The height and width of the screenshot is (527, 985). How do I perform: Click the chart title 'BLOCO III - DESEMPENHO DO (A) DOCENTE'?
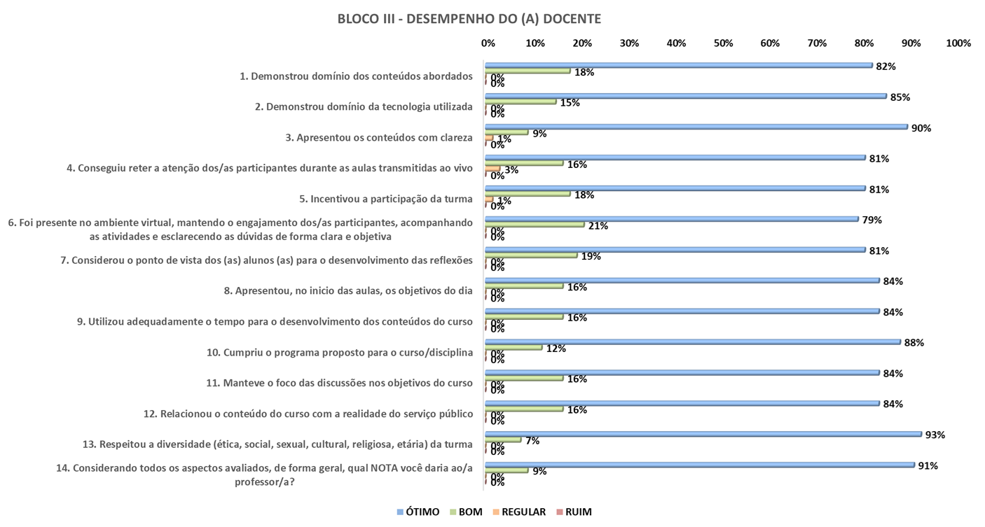click(469, 19)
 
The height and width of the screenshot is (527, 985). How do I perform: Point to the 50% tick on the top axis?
click(723, 43)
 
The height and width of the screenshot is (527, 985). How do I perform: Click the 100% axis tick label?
click(958, 43)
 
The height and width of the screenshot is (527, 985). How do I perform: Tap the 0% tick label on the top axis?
click(488, 43)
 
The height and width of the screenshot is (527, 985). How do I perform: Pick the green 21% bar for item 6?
click(535, 225)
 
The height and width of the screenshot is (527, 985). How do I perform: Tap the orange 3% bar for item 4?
click(492, 169)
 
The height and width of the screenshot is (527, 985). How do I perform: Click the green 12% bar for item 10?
click(514, 347)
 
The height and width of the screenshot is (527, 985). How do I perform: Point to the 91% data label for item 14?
click(928, 465)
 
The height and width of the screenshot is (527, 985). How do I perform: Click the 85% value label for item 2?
click(900, 97)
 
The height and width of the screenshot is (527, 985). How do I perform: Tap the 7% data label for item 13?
click(533, 440)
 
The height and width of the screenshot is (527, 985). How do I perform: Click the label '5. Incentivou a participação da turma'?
click(385, 199)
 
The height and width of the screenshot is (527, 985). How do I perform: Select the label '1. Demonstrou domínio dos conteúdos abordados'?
click(361, 76)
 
